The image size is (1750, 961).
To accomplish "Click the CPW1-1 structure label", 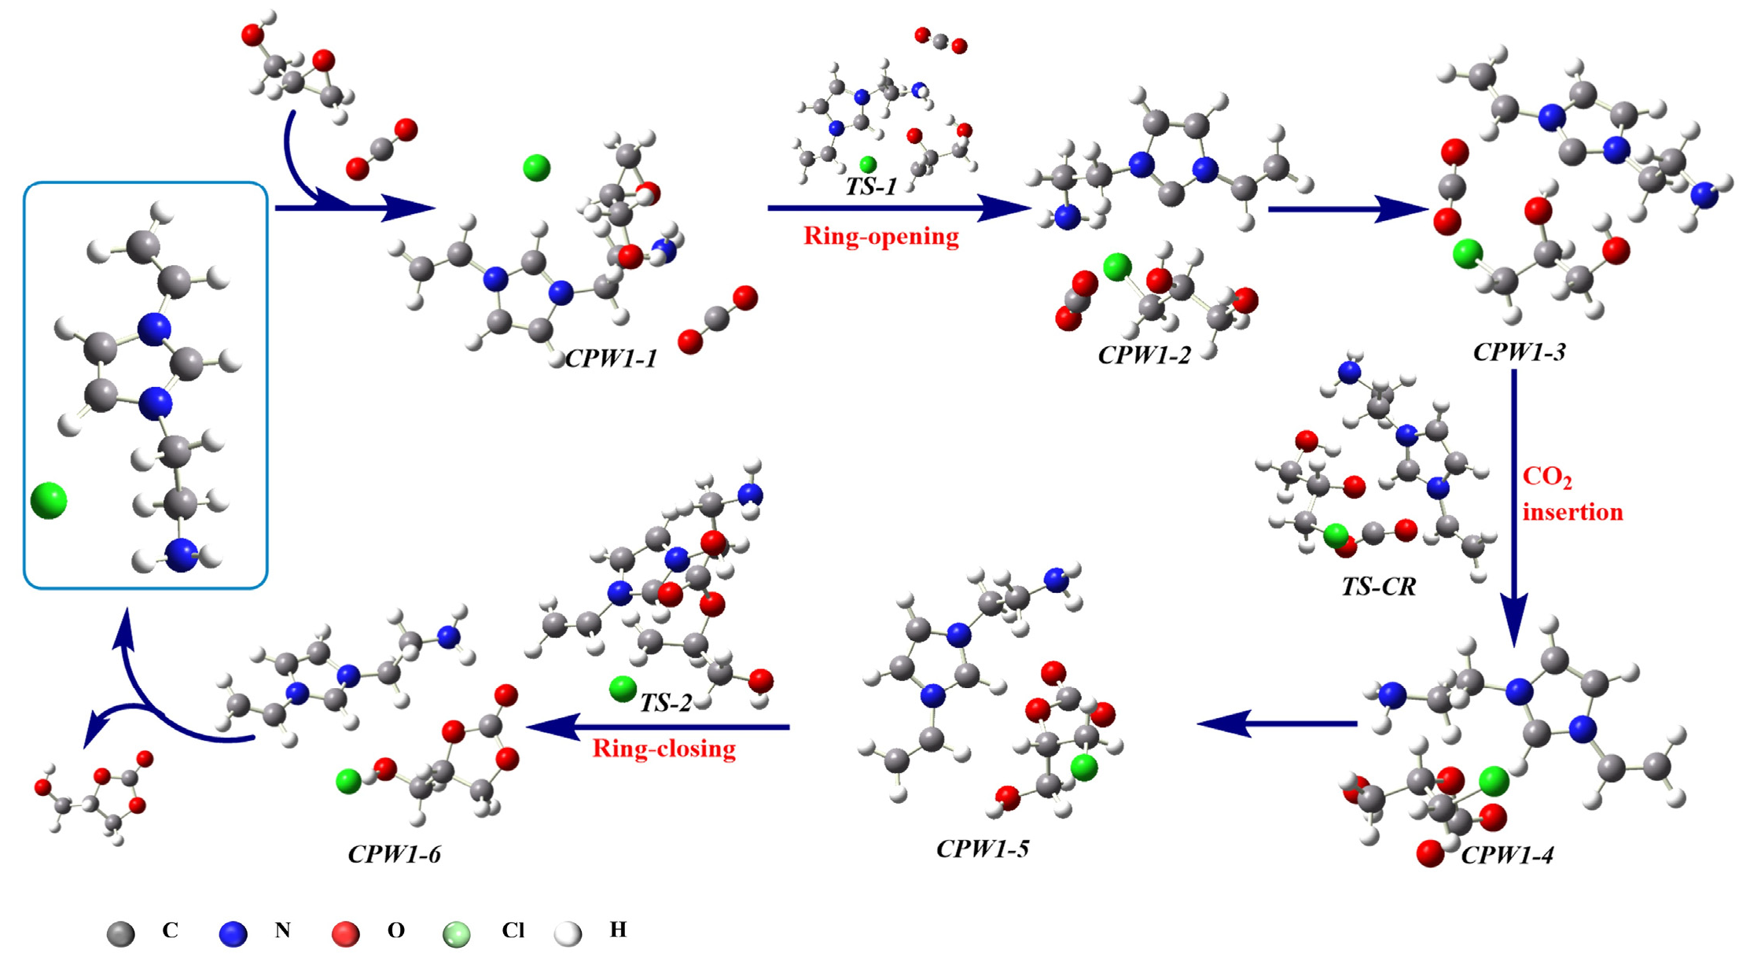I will (x=611, y=359).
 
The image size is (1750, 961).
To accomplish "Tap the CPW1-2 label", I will (x=1144, y=355).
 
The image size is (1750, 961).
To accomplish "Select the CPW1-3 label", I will (x=1519, y=352).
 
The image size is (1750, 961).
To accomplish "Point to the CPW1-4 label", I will (x=1507, y=855).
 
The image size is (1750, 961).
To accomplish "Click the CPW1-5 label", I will (x=982, y=848).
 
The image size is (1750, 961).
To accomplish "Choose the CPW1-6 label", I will (x=394, y=853).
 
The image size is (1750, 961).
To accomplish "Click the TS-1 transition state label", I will (x=870, y=186).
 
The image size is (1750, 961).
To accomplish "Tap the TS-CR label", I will (x=1378, y=586).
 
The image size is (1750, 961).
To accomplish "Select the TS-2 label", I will (x=665, y=702).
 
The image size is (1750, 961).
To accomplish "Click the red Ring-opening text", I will (x=881, y=236).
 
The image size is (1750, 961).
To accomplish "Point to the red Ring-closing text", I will (x=664, y=748).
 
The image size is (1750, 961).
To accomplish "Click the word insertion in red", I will (x=1572, y=512).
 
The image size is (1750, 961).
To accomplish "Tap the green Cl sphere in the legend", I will (x=457, y=933).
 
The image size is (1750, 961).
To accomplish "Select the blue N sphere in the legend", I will (x=233, y=933).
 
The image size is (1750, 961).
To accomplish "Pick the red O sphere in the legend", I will (x=345, y=933).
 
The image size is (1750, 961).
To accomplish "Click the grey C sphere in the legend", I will (x=121, y=933).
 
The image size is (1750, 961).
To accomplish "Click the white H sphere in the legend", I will (x=568, y=933).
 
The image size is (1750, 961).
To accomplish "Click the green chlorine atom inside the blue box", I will (x=49, y=501).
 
